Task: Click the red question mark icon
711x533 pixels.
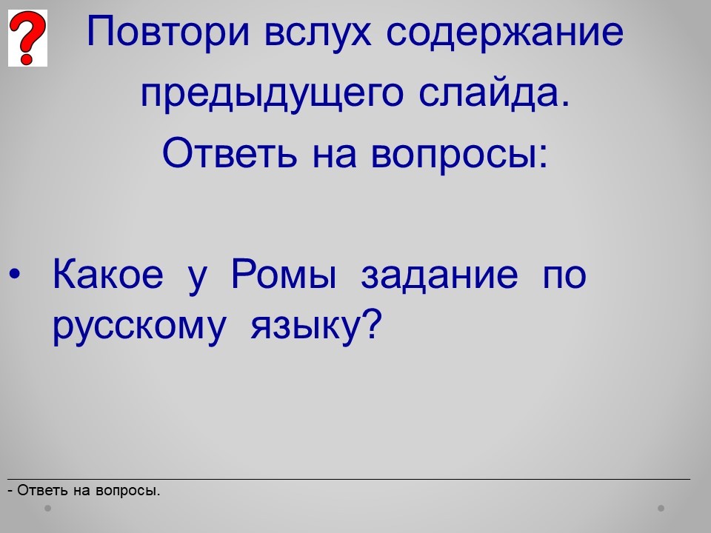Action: click(x=27, y=38)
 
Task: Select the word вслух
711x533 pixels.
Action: click(x=318, y=33)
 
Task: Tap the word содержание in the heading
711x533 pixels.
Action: click(x=505, y=33)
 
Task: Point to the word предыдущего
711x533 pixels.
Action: click(x=272, y=94)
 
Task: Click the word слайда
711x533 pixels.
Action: click(x=494, y=93)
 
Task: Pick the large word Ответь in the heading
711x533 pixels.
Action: click(x=230, y=152)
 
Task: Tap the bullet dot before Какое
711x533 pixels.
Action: click(x=15, y=274)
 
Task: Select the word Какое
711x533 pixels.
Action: click(x=108, y=273)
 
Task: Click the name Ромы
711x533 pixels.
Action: click(x=284, y=273)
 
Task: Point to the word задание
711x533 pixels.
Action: click(x=439, y=274)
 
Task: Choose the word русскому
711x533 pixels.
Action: click(x=139, y=327)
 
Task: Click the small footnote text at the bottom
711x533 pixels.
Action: click(x=84, y=490)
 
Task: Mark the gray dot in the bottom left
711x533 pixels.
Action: click(x=47, y=508)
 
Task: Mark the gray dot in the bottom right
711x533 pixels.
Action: click(x=661, y=508)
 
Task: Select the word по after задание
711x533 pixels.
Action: click(x=565, y=276)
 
